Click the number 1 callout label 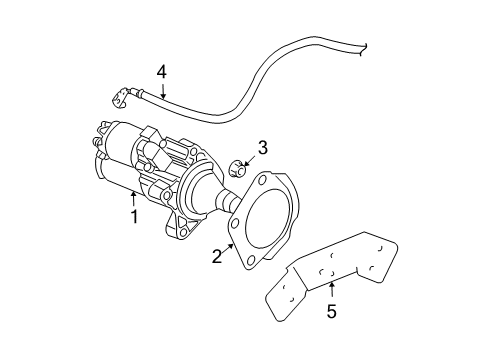(132, 215)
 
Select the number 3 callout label (262, 147)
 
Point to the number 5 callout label (331, 311)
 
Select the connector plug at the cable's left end (120, 98)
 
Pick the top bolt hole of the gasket (263, 182)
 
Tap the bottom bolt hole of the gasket (247, 263)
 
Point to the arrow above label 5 (331, 291)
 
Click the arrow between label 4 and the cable (165, 88)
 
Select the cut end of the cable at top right (365, 46)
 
